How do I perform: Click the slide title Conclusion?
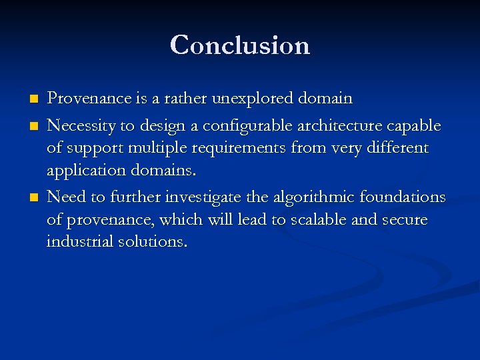coord(240,45)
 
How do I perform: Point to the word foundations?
coord(403,197)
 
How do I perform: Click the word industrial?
coord(77,242)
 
